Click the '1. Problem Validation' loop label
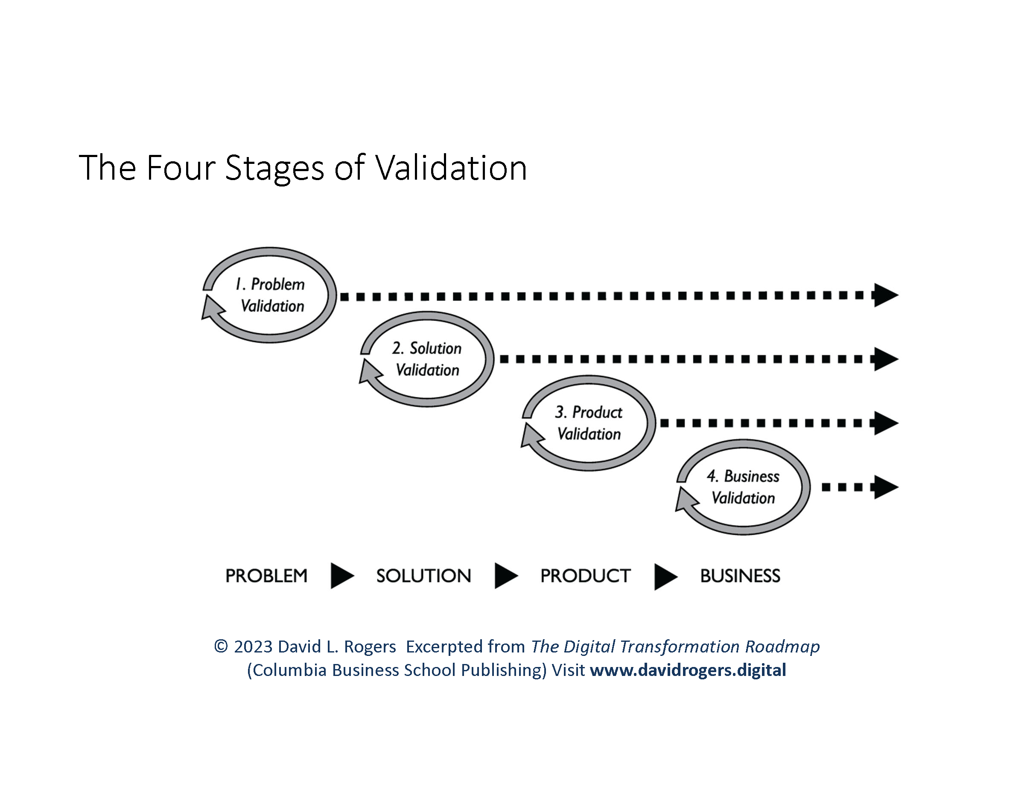(x=271, y=295)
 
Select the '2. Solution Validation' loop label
(x=427, y=359)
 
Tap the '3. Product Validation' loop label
(x=589, y=423)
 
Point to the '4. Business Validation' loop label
(x=743, y=487)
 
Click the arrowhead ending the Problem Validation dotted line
(x=884, y=295)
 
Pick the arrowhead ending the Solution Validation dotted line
(x=884, y=359)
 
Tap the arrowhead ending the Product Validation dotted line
(x=884, y=423)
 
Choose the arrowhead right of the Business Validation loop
(x=884, y=487)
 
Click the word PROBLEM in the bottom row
(x=266, y=576)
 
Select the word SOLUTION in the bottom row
(x=423, y=576)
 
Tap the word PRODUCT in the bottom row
(x=585, y=576)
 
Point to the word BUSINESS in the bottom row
(x=740, y=576)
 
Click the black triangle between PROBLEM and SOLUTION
(x=341, y=576)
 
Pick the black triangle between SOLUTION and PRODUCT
(x=505, y=576)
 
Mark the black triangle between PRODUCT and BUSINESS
(x=665, y=576)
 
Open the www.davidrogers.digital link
(x=688, y=670)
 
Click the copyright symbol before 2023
(x=221, y=646)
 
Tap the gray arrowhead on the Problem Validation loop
(x=211, y=308)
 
